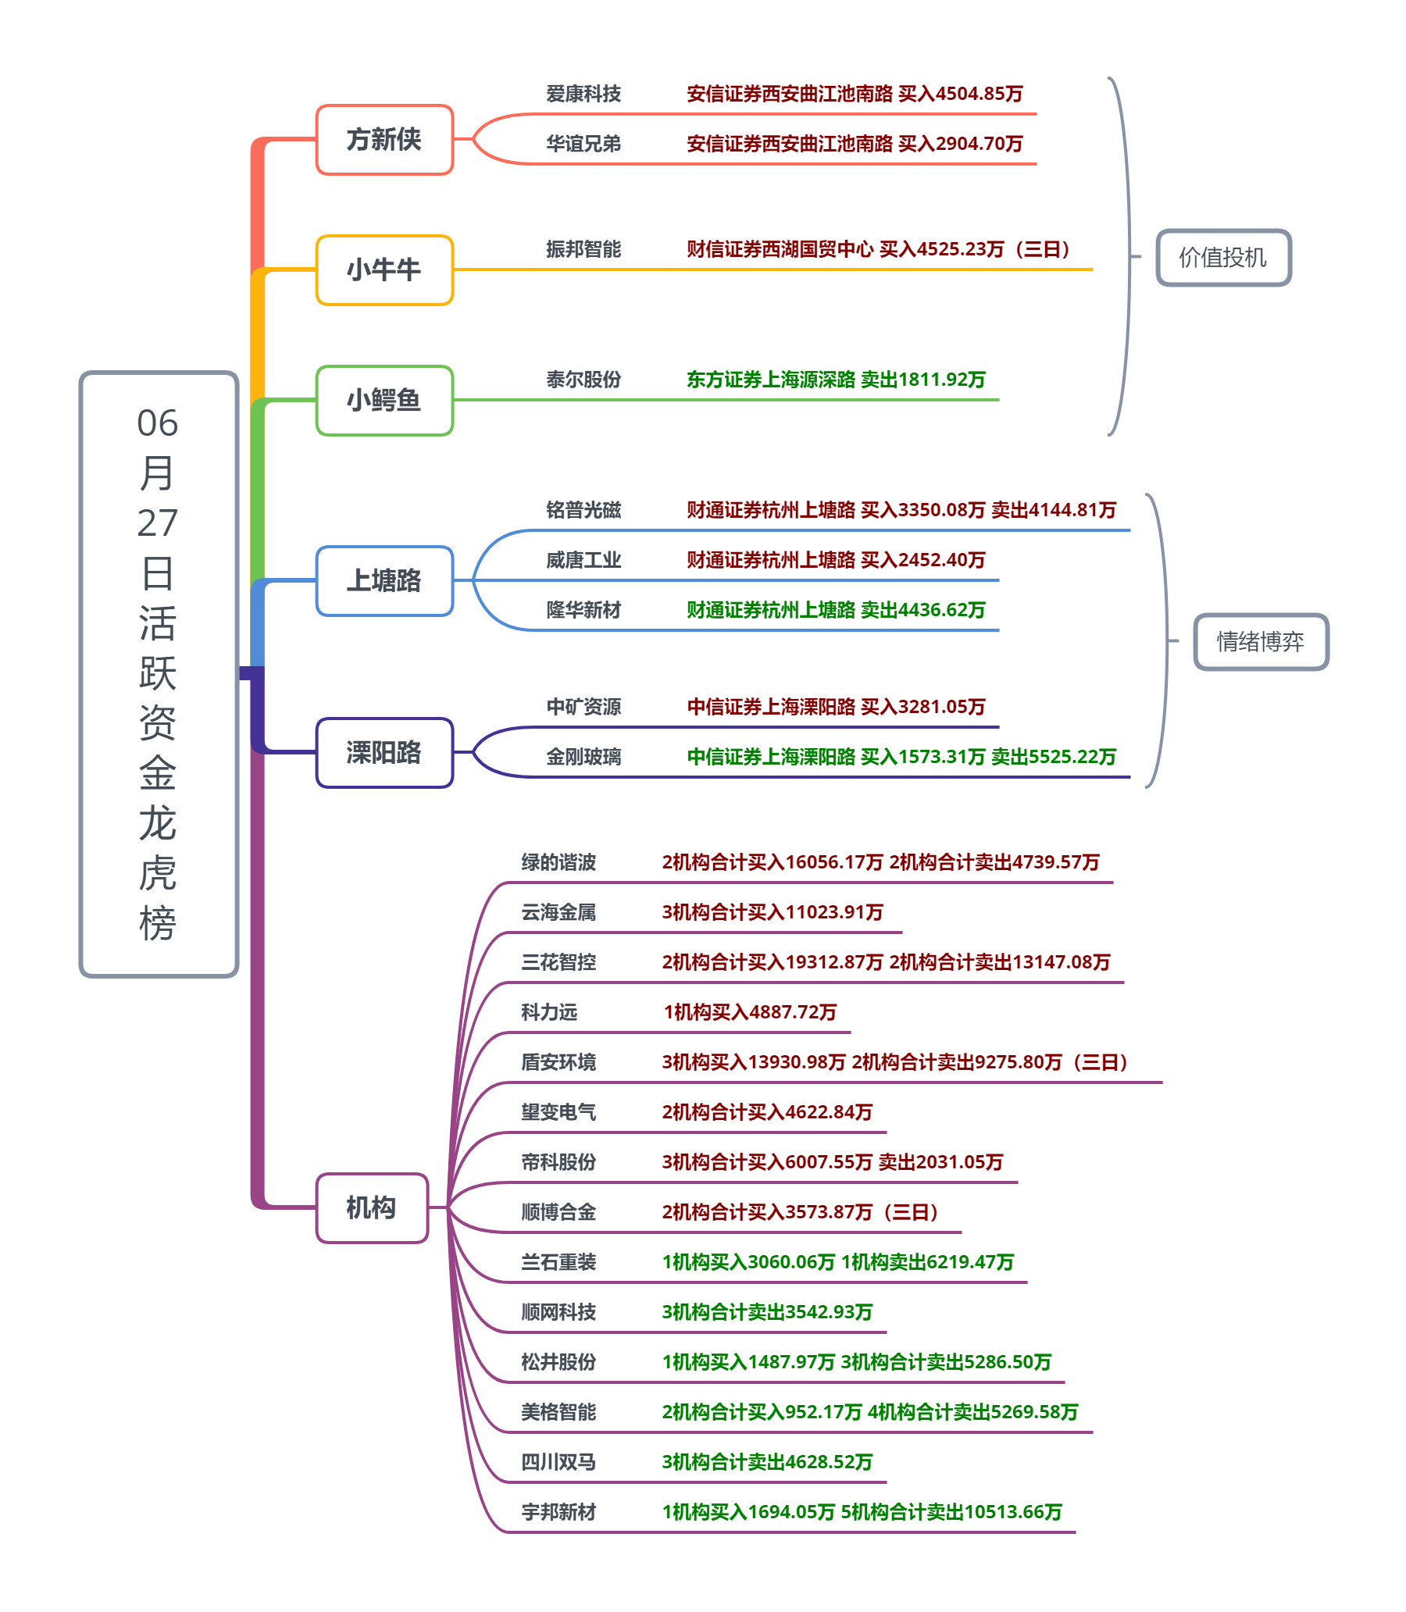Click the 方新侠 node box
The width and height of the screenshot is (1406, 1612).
coord(384,140)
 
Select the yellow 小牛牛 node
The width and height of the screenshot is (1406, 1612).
coord(384,270)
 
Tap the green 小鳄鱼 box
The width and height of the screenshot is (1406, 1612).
coord(384,400)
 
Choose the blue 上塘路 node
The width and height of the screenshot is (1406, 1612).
coord(384,580)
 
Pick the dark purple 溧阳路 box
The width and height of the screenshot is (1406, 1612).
coord(384,752)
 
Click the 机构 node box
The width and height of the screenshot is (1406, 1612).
coord(372,1207)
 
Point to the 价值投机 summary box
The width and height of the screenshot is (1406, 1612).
coord(1223,257)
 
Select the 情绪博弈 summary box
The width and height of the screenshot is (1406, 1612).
coord(1260,642)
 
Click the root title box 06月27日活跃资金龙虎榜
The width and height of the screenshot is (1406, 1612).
coord(159,674)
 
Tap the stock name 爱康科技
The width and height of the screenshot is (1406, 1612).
coord(583,95)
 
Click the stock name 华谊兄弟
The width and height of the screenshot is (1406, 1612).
coord(583,144)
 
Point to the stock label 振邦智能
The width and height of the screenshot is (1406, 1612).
coord(583,249)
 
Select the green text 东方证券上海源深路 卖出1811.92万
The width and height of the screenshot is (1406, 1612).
coord(836,380)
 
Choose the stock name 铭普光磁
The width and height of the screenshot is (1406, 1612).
coord(583,510)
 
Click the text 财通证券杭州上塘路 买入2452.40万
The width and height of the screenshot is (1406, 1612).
coord(836,560)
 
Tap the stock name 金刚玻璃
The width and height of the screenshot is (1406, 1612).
coord(583,757)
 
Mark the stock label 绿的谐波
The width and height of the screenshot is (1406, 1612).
coord(558,862)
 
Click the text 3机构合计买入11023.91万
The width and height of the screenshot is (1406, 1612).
coord(772,912)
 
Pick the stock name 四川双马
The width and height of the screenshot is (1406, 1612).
coord(558,1462)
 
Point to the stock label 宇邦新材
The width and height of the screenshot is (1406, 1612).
coord(558,1511)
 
